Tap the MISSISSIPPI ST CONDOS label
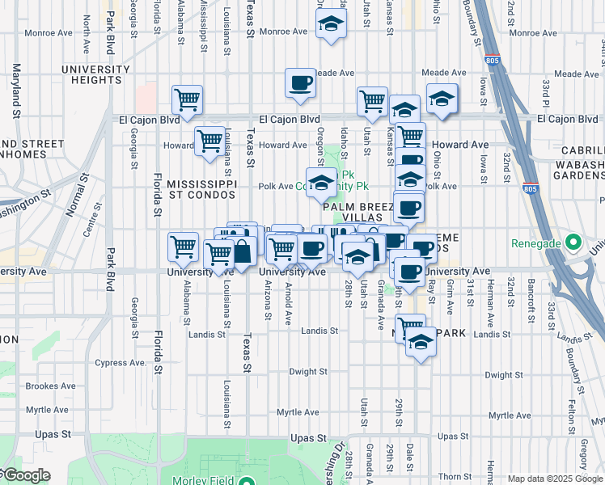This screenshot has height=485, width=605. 201,189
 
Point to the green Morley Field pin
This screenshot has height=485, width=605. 247,481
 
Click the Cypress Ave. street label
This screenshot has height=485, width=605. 121,363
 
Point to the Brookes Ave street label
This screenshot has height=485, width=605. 50,386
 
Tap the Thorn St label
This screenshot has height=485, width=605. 455,477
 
